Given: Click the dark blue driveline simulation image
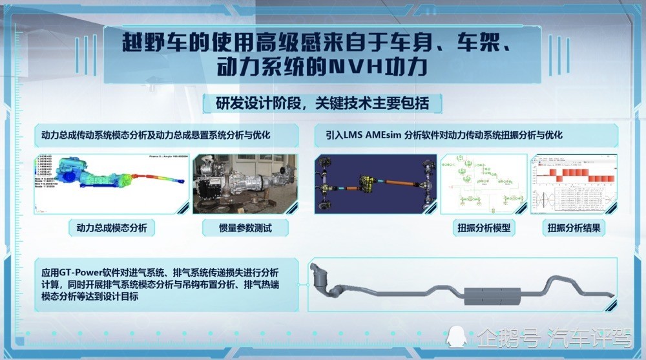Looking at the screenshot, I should tap(374, 184).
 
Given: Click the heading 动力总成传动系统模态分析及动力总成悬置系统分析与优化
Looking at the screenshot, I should tap(155, 135).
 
